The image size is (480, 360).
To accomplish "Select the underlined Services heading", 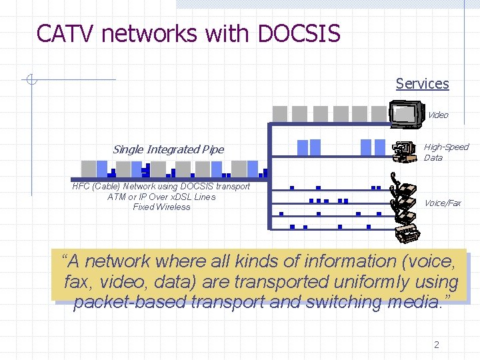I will (x=422, y=83).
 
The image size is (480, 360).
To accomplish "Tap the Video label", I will (x=437, y=115).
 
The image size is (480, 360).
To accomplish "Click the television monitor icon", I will (x=407, y=113).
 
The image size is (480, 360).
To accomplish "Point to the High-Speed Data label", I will (x=446, y=152).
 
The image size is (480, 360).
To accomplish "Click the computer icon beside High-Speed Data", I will (x=403, y=152).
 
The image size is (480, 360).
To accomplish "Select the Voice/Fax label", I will (x=443, y=203).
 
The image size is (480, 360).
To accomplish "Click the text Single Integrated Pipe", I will (x=168, y=149).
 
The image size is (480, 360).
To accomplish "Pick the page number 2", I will (x=437, y=345).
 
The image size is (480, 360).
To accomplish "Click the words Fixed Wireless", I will (x=161, y=207).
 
